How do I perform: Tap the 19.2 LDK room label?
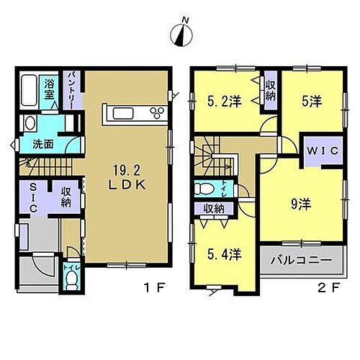130,177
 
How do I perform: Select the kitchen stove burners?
154,112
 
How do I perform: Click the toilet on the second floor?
202,189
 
